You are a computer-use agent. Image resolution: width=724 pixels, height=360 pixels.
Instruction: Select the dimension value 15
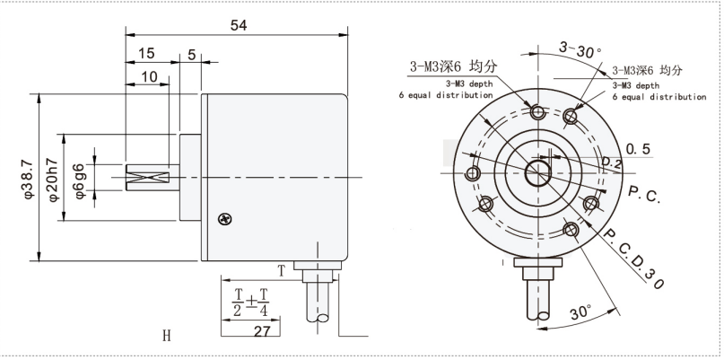click(x=145, y=54)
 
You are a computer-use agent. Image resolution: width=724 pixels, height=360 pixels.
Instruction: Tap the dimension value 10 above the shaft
click(x=149, y=78)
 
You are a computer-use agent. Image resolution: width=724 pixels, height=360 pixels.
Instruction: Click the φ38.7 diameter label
click(x=26, y=177)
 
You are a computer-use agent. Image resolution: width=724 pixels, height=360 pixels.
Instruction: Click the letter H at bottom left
click(x=166, y=337)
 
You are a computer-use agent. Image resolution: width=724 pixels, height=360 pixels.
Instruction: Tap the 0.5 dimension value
click(x=638, y=147)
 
